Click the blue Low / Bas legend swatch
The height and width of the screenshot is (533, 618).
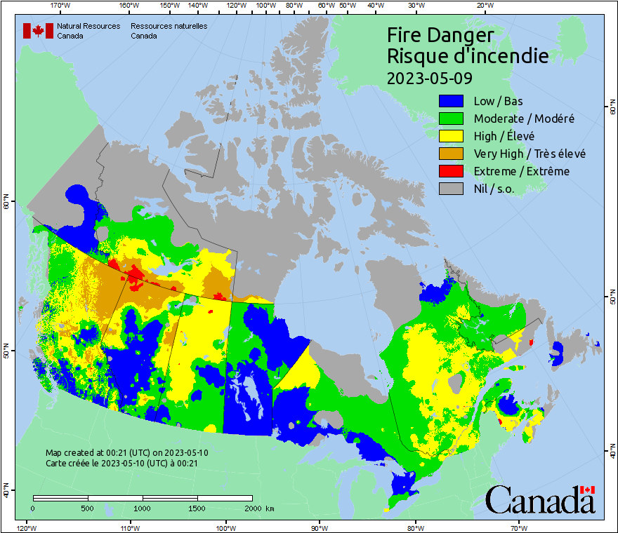(451, 101)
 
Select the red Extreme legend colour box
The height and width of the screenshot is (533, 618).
(451, 171)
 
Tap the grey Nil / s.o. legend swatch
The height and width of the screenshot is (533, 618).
(451, 189)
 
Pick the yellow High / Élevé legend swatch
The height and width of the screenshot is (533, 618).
(451, 136)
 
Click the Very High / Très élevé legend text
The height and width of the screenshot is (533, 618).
(529, 154)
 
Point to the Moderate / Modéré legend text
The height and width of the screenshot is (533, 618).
(524, 119)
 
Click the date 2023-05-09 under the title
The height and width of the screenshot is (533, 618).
(429, 77)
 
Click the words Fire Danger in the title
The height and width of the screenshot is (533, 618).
(440, 36)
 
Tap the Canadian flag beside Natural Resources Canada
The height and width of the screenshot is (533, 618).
(38, 31)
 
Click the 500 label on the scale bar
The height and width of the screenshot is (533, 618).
(88, 508)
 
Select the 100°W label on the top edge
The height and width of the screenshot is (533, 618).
(265, 6)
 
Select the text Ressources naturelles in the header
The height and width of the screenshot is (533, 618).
(169, 26)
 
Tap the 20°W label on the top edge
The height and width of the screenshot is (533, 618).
(485, 6)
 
